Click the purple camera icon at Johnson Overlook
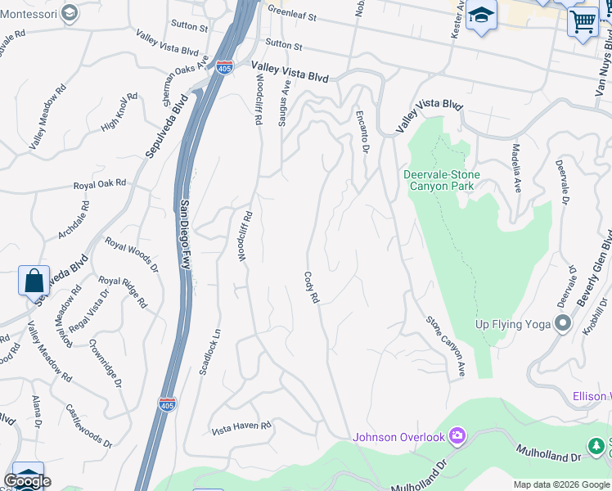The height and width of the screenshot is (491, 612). coord(457,436)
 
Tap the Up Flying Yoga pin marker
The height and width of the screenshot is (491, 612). coord(562,324)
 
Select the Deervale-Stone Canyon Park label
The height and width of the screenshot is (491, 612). coord(440,180)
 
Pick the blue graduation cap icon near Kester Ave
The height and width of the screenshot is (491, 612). coord(482,16)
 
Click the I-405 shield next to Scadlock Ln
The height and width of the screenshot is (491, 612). coord(167,404)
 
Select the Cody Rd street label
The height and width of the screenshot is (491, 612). coord(311,288)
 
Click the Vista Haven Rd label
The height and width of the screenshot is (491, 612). coord(241,427)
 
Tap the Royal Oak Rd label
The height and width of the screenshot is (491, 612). coord(100,184)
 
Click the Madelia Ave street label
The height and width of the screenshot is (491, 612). coord(516,167)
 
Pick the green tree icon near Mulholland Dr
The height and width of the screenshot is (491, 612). coord(598,446)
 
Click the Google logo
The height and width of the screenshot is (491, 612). coord(27,481)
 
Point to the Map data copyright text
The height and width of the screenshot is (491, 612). coord(561,484)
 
